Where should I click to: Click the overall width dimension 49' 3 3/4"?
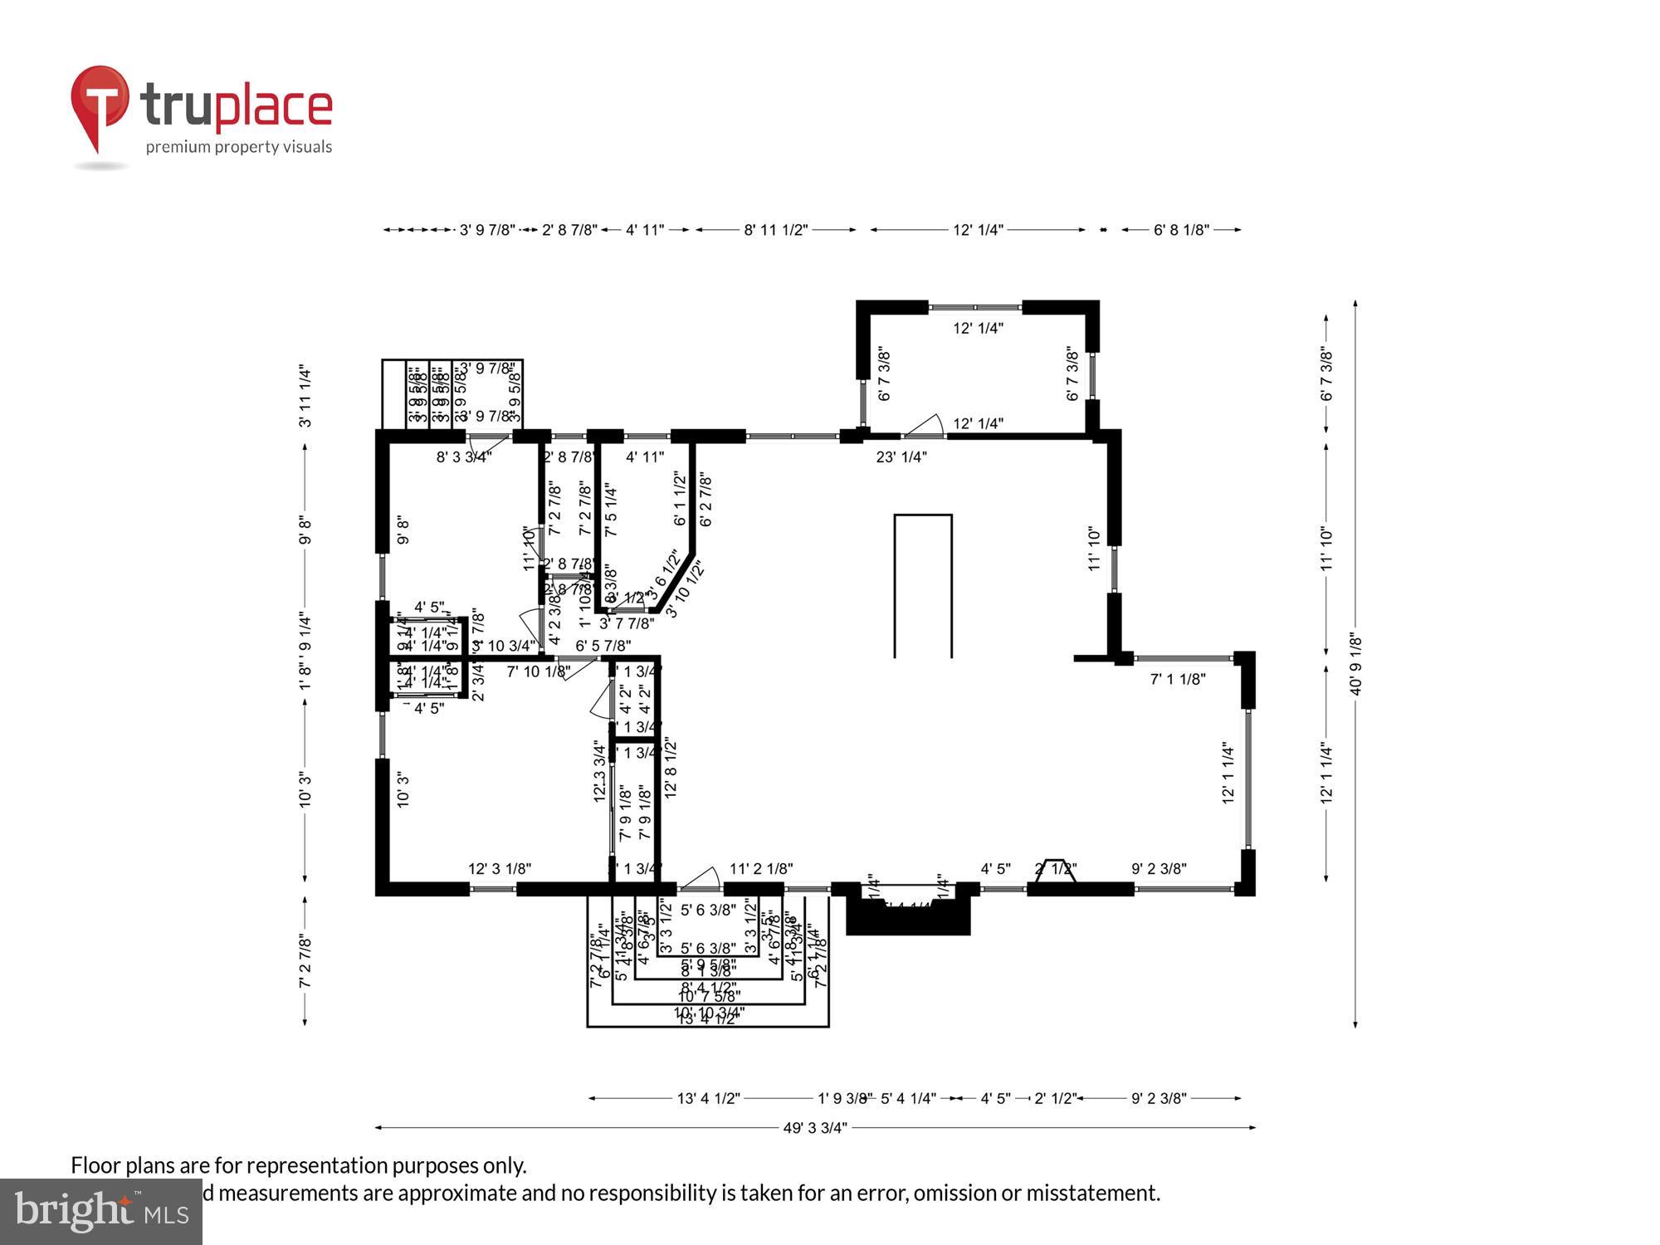(814, 1127)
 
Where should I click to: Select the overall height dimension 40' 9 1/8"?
(1355, 664)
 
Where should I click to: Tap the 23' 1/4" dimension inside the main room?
(901, 456)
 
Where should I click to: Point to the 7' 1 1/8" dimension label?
(1177, 679)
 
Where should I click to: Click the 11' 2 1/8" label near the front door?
(760, 869)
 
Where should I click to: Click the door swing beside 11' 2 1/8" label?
(702, 879)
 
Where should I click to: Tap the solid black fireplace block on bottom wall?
(908, 918)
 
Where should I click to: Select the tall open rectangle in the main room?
(922, 585)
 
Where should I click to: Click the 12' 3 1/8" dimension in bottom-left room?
(500, 869)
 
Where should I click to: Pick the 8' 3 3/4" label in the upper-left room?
(464, 456)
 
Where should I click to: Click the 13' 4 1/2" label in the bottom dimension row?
(708, 1098)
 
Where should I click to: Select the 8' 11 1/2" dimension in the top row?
(775, 230)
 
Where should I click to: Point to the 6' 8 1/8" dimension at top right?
(1180, 230)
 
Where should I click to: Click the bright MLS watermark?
(101, 1212)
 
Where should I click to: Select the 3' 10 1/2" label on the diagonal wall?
(685, 588)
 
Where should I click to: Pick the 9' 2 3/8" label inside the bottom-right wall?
(1159, 869)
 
